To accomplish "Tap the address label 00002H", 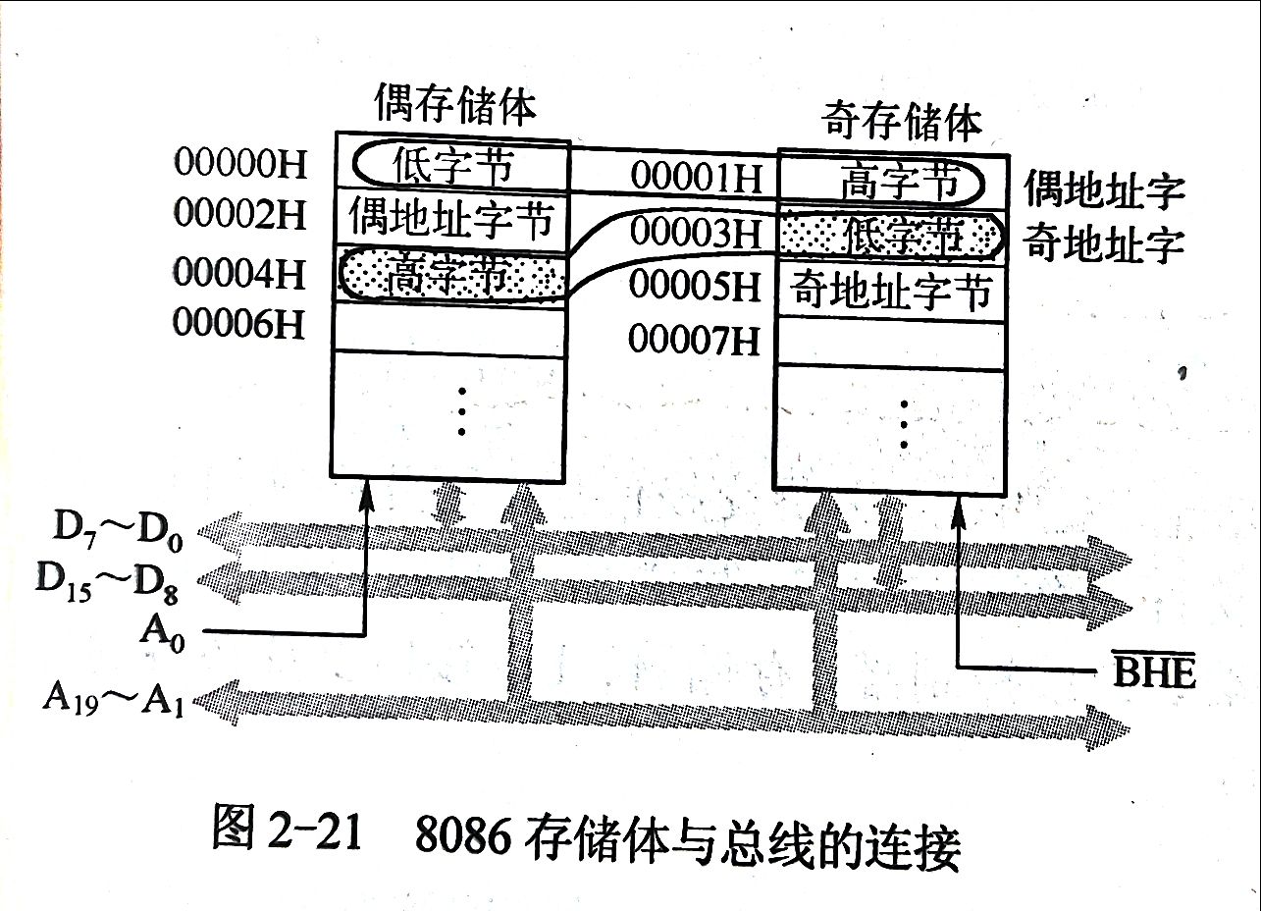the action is click(x=239, y=215).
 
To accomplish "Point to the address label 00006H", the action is click(x=239, y=324).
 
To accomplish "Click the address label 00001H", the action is click(x=696, y=178).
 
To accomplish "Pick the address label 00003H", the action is click(x=696, y=234).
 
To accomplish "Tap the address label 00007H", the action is click(x=696, y=341).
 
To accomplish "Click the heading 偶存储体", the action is click(x=455, y=104).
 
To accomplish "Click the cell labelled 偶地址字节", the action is click(x=451, y=219).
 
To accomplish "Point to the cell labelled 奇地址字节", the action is click(x=892, y=292).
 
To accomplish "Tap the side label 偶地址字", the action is click(x=1103, y=188).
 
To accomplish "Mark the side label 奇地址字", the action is click(x=1103, y=243).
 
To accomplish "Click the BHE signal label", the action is click(x=1155, y=673).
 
